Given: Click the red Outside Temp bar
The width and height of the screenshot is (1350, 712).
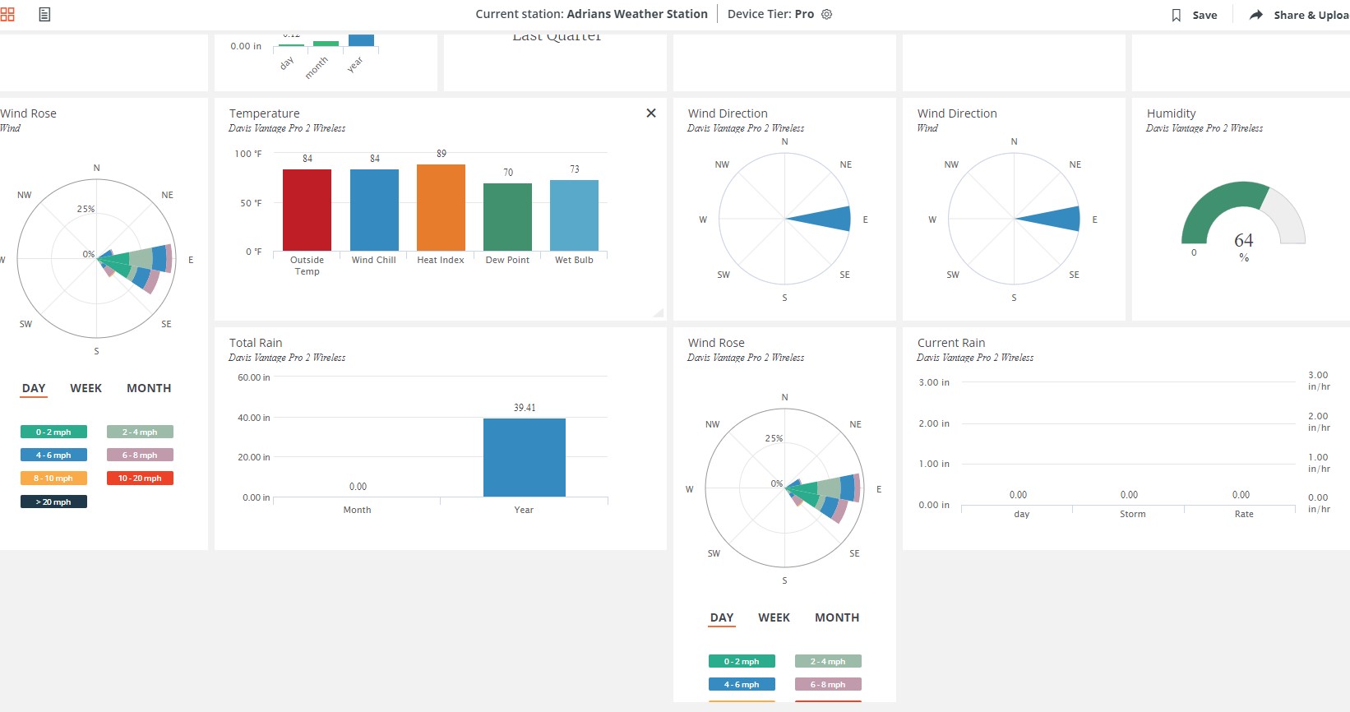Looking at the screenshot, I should [307, 210].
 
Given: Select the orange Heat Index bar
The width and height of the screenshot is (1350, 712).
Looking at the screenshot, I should [441, 207].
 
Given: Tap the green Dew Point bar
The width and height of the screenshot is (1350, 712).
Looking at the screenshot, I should [507, 217].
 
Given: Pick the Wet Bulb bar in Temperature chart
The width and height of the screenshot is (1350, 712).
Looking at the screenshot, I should [574, 215].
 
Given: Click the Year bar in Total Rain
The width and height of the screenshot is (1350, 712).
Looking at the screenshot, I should [524, 457].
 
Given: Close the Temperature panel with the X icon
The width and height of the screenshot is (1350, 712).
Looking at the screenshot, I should [651, 113].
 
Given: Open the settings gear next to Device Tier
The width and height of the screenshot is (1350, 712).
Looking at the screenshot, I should [827, 14].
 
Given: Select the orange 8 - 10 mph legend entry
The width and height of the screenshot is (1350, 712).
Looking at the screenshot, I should [53, 479].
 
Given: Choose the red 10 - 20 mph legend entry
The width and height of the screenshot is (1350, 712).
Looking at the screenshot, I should [140, 479].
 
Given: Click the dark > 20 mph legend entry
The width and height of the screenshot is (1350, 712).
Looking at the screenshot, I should [53, 502].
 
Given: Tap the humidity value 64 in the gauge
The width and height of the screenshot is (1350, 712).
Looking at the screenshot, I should [1244, 240].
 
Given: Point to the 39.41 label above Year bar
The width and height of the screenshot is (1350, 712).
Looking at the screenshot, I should [525, 408].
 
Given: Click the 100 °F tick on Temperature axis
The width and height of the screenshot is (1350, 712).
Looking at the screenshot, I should [248, 154].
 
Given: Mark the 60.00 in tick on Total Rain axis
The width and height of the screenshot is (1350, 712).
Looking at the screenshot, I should [253, 377].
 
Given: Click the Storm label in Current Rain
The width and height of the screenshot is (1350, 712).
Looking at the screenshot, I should [1132, 514].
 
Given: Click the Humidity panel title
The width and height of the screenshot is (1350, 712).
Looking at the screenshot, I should [1171, 113].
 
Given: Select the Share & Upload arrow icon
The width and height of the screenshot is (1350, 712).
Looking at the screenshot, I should [1256, 15].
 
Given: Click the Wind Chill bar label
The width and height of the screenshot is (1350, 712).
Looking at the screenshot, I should [374, 260].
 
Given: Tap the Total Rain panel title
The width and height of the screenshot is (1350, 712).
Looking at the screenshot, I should [256, 343].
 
